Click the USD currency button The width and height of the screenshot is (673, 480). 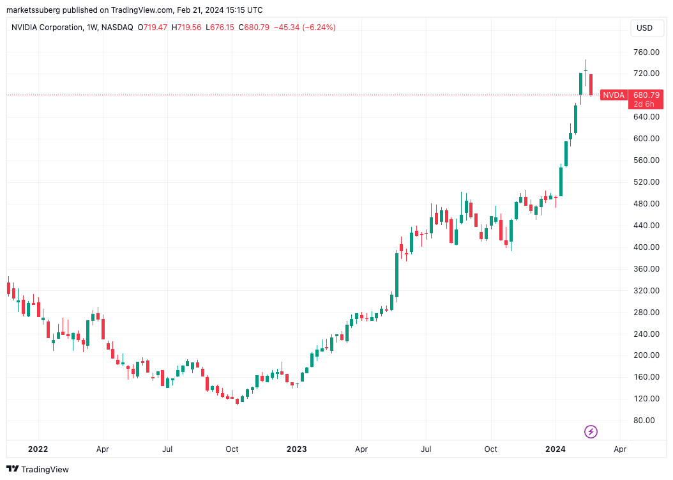point(645,28)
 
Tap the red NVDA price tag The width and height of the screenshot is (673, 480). point(614,95)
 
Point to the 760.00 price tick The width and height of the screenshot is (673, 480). point(646,52)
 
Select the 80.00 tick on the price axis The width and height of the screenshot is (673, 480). point(644,421)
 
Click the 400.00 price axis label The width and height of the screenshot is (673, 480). point(646,247)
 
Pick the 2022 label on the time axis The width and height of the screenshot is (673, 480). point(38,449)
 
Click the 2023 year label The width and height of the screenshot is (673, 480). point(296,449)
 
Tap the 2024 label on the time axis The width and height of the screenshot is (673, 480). point(555,449)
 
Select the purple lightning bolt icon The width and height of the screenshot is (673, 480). point(591,432)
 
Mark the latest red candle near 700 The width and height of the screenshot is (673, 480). point(591,85)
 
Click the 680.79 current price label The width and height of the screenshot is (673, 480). point(646,95)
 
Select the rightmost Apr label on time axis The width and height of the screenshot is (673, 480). point(619,449)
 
